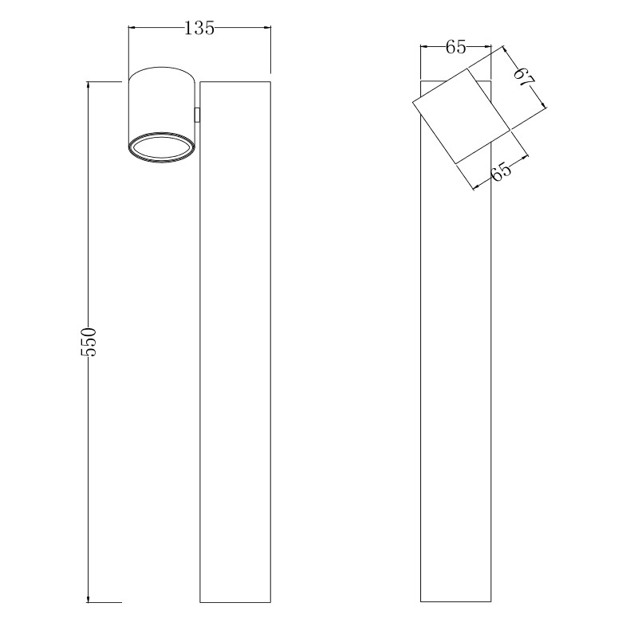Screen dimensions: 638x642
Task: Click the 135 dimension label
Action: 199,28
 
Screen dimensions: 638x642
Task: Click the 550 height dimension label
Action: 89,342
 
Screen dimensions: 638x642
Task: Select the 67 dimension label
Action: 525,76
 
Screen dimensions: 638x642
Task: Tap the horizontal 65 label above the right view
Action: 455,47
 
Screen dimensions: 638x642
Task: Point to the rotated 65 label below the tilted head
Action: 502,171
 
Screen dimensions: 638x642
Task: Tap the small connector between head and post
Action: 197,115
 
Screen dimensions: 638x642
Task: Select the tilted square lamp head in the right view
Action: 461,116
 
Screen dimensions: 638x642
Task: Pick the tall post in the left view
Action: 235,342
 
